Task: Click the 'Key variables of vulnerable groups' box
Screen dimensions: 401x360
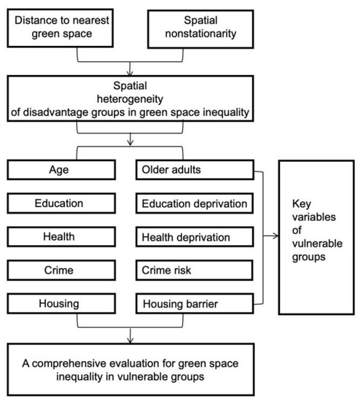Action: (x=316, y=238)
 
